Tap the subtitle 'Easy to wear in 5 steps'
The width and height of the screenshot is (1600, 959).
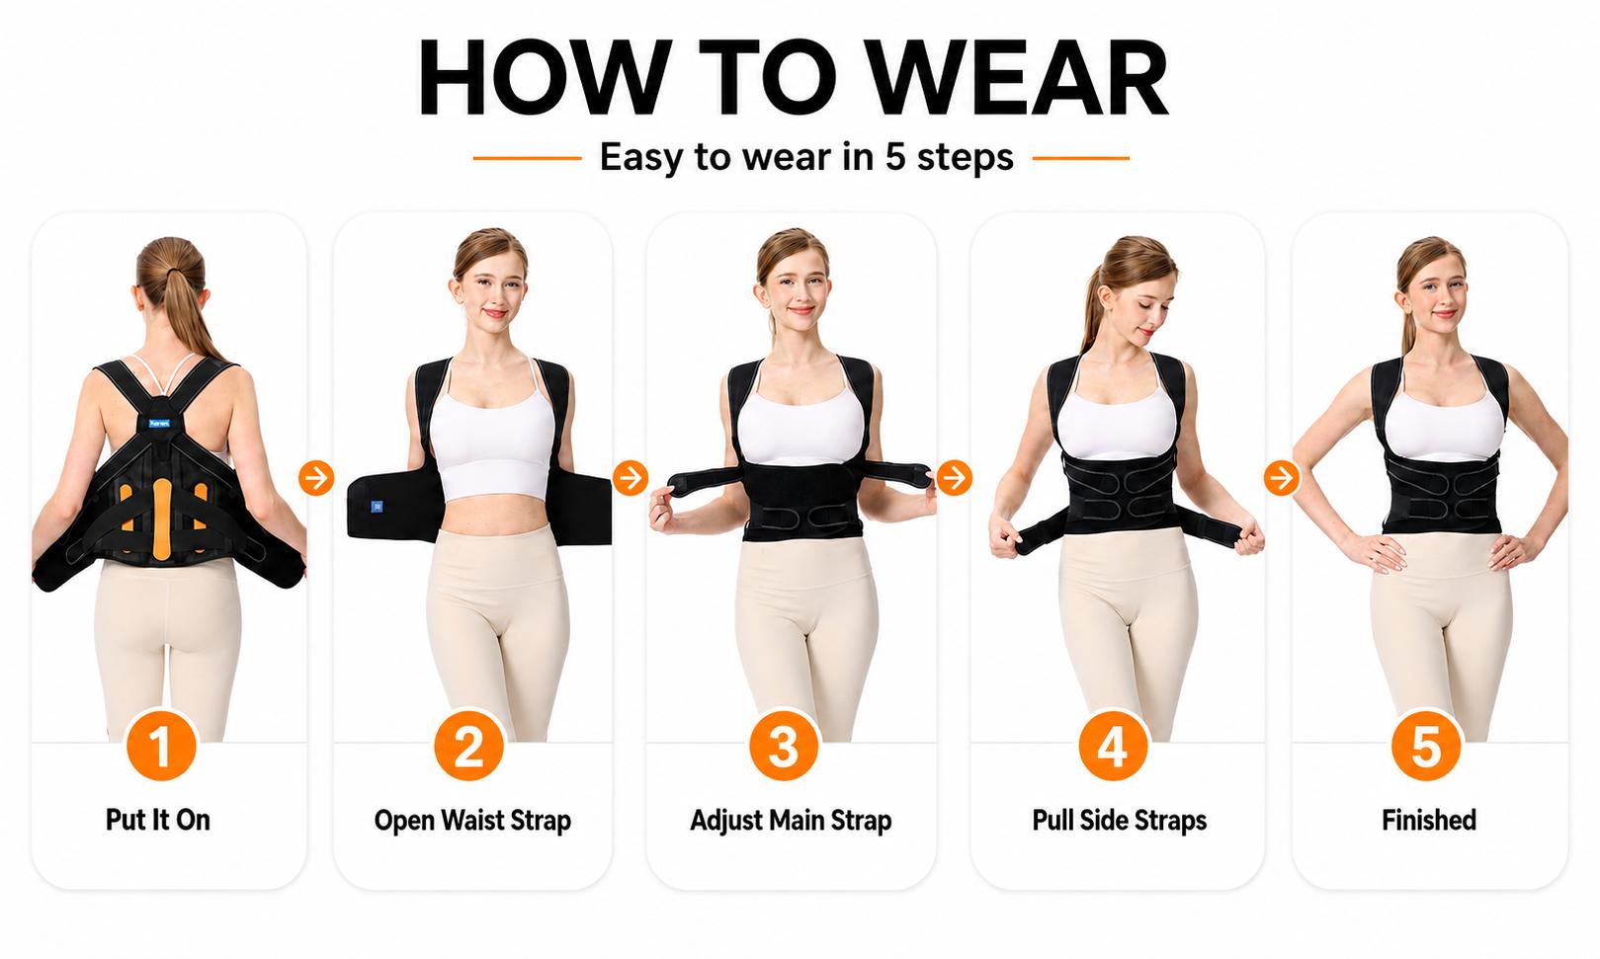(x=806, y=157)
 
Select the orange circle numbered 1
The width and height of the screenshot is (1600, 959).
(x=161, y=747)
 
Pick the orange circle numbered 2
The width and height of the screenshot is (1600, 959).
(x=468, y=747)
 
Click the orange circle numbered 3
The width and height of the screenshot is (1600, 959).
(x=784, y=747)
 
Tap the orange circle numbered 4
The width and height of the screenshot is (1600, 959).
(x=1113, y=747)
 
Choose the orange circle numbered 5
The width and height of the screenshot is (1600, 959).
(x=1426, y=747)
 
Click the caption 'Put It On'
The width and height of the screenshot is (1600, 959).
(x=158, y=820)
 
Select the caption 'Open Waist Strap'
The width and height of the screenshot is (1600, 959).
(x=472, y=821)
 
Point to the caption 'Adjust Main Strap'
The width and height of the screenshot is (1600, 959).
(x=791, y=821)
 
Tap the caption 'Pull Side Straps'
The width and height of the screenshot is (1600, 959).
(x=1120, y=821)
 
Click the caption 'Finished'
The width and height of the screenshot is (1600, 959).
(x=1429, y=820)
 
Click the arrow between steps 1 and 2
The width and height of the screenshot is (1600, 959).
(x=316, y=478)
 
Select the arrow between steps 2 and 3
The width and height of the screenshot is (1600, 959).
(x=631, y=478)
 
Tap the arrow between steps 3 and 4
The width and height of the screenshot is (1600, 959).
(x=955, y=478)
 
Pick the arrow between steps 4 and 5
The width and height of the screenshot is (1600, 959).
(x=1282, y=478)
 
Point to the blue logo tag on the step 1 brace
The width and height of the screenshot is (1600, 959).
(x=159, y=424)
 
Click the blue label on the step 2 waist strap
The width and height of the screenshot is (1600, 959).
(x=378, y=507)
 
